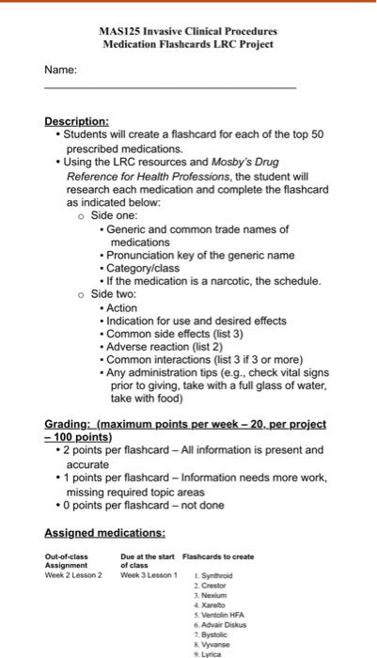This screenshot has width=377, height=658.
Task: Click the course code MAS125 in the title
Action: [x=118, y=31]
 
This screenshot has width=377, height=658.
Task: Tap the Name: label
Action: [x=59, y=70]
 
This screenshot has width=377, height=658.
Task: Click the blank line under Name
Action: [x=169, y=87]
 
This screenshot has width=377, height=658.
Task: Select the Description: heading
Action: [x=76, y=121]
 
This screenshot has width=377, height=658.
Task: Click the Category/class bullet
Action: [x=143, y=268]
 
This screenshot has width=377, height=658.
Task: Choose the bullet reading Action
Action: [x=122, y=307]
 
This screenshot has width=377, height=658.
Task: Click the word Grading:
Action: [x=73, y=424]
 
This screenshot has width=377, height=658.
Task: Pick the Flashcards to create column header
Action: [x=217, y=556]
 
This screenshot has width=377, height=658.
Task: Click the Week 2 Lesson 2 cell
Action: [x=73, y=574]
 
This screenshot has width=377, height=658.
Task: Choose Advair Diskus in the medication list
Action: [x=219, y=624]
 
